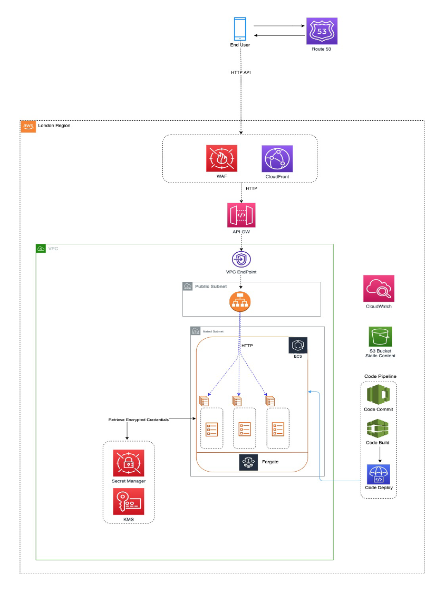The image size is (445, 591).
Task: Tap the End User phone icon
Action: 240,29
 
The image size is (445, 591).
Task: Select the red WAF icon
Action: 221,158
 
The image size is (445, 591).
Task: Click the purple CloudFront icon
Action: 277,158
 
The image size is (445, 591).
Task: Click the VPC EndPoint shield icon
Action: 241,259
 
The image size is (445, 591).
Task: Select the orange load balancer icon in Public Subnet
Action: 240,303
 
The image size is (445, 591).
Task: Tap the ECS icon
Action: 298,346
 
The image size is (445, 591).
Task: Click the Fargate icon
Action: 248,462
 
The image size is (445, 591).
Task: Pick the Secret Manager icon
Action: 128,463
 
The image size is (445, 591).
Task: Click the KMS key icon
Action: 128,502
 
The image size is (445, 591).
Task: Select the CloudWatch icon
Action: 379,289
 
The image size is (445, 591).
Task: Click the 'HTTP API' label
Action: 240,72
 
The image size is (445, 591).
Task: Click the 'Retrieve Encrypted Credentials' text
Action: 139,420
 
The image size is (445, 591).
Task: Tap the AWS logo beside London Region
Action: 28,127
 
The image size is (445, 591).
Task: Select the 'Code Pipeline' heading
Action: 380,376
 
